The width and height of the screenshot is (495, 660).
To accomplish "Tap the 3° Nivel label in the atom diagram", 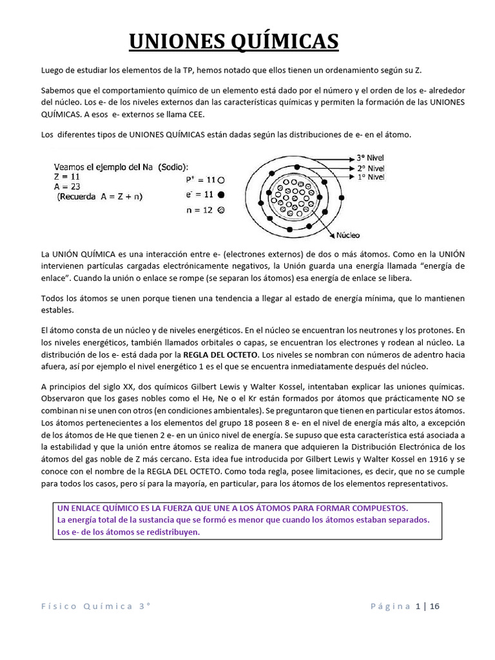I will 370,157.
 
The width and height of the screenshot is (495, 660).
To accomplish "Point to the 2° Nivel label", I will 370,167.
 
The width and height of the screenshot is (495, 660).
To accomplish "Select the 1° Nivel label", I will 370,177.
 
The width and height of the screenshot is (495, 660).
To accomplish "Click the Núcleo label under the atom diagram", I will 347,235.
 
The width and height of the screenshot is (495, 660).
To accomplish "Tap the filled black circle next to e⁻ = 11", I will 221,194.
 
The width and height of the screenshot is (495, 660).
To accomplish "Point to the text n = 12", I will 199,209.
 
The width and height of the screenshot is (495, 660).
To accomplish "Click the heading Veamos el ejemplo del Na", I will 121,164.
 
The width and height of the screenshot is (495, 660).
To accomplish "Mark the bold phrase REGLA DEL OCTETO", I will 221,354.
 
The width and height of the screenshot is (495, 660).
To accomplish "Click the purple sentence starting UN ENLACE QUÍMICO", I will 233,508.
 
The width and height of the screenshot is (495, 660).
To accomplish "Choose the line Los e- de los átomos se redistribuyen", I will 128,532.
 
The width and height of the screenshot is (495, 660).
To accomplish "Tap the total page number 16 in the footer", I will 434,606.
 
